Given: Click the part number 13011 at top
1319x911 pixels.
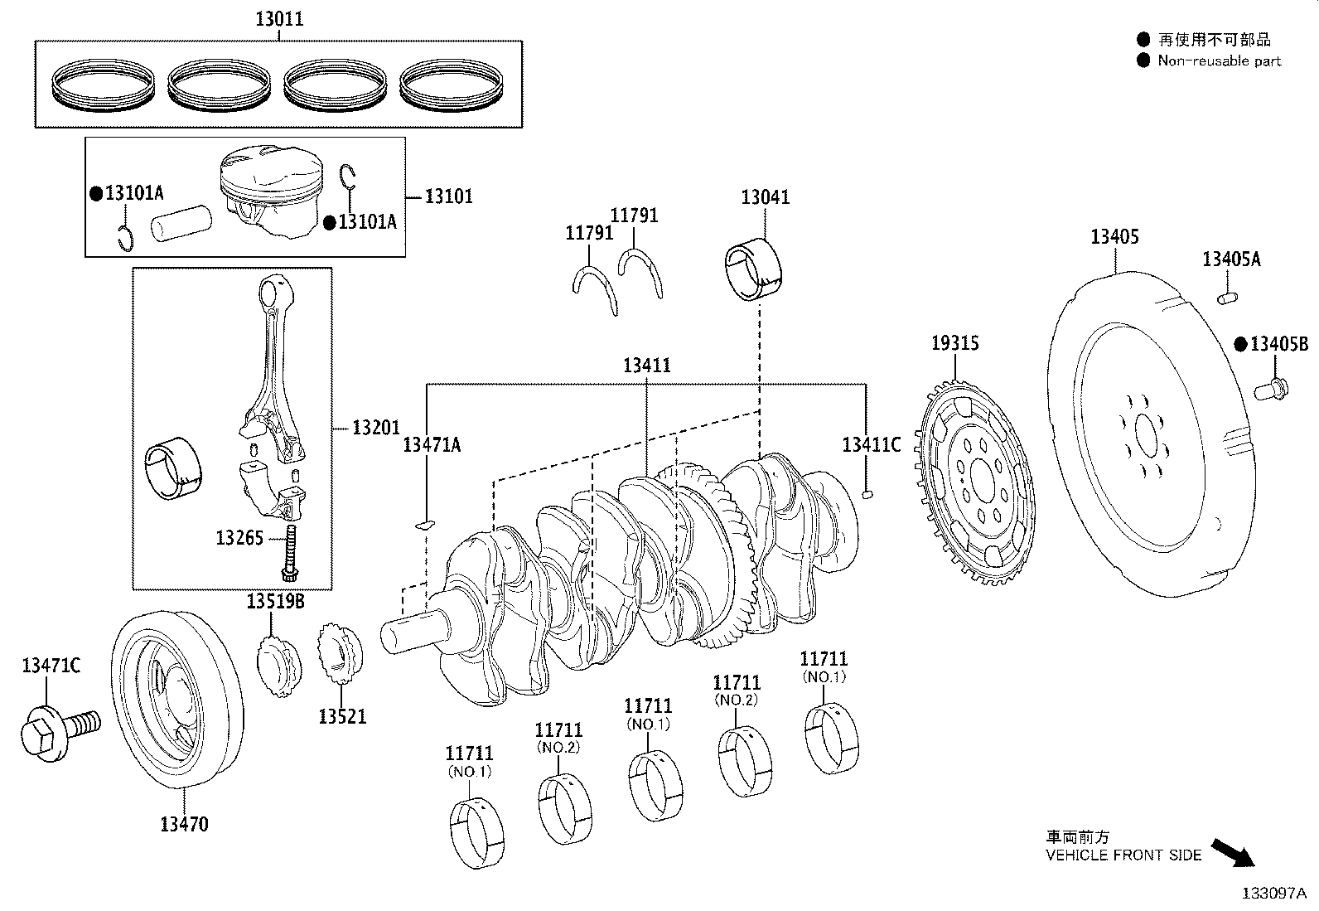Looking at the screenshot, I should pos(278,18).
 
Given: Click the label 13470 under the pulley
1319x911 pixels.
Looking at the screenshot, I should pos(184,824).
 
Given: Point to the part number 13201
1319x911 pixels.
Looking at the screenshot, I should pos(375,428).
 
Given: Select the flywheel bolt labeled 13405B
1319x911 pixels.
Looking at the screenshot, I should pos(1268,386).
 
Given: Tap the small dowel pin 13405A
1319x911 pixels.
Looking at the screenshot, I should pos(1227,296).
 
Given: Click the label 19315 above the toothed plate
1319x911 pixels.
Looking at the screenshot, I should pos(954,342).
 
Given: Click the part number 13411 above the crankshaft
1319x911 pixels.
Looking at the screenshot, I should pos(647,366).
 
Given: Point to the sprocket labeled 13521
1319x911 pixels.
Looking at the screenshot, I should pos(340,654).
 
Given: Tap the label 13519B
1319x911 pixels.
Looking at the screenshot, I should pos(275,601).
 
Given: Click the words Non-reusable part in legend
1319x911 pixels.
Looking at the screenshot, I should pos(1219,61).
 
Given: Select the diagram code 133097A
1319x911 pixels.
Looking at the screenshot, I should pos(1273,894).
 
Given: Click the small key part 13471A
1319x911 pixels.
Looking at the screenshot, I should pos(423,524).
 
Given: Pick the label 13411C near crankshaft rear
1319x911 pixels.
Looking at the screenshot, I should pos(870,444).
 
